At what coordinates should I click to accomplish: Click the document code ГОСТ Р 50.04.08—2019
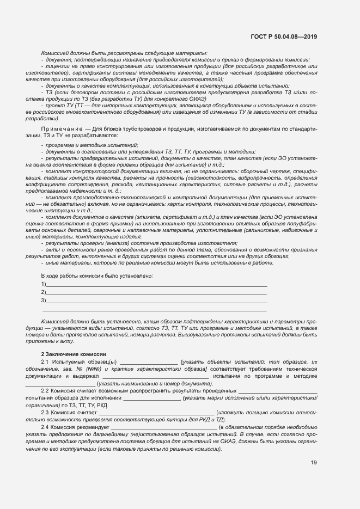click(x=285, y=36)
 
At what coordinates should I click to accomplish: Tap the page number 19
click(x=314, y=463)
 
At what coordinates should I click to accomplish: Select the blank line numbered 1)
click(x=157, y=284)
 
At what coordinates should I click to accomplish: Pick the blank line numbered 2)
click(x=157, y=292)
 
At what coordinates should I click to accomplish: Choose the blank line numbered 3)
click(x=157, y=301)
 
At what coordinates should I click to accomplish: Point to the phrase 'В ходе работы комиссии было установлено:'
click(x=97, y=276)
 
